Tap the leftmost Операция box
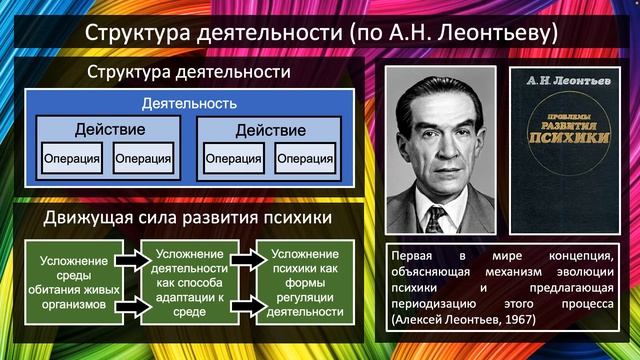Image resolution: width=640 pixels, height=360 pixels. click(72, 159)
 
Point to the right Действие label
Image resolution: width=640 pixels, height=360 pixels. click(270, 130)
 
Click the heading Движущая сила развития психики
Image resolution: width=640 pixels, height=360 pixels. click(188, 217)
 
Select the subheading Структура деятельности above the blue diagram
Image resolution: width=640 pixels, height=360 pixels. click(188, 72)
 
